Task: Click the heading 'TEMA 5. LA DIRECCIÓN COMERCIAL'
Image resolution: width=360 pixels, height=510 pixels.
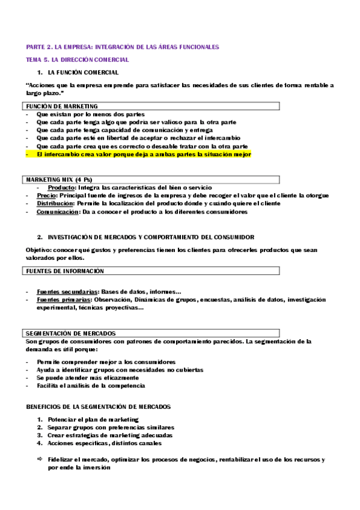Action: [77, 60]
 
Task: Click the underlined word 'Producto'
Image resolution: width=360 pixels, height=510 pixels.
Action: [62, 188]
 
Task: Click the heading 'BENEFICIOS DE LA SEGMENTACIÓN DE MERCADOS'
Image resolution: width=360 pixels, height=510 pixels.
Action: [99, 407]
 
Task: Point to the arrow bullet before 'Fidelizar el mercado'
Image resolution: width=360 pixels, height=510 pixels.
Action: [40, 459]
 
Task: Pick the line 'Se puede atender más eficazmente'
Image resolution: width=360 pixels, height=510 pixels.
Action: [84, 378]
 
